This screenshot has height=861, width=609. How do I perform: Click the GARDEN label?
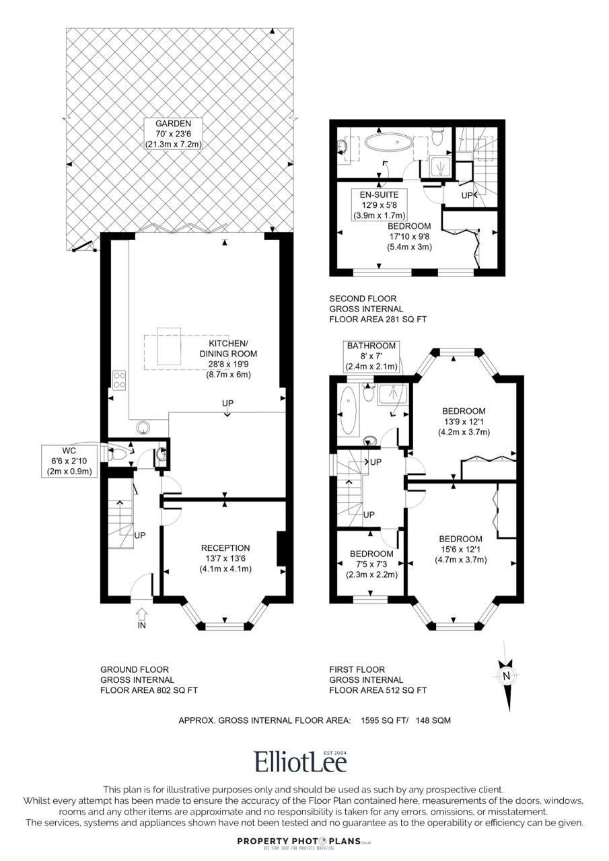click(x=173, y=134)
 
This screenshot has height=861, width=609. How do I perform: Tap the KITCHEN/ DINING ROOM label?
click(x=228, y=359)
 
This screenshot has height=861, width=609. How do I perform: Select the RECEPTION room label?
click(x=225, y=558)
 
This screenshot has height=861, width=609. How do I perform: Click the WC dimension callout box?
click(x=69, y=461)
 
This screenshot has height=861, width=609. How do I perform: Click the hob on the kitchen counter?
click(x=119, y=380)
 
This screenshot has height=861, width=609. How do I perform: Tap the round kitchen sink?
click(x=145, y=426)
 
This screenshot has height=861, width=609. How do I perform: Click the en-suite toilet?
click(x=437, y=137)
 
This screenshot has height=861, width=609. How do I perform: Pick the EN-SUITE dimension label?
click(x=380, y=205)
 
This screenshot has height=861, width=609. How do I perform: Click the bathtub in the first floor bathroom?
click(x=349, y=410)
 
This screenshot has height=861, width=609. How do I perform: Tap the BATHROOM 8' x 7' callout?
click(x=371, y=357)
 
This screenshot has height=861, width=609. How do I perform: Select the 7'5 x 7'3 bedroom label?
click(x=371, y=564)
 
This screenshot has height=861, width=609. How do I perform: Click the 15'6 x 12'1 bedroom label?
click(x=460, y=550)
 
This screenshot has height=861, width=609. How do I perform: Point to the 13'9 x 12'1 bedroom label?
click(x=464, y=422)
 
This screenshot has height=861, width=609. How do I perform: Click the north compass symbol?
click(x=507, y=676)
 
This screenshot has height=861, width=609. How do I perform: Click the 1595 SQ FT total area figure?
click(x=383, y=720)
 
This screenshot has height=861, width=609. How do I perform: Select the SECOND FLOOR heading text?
click(x=363, y=299)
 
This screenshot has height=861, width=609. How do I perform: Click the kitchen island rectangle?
click(x=169, y=346)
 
